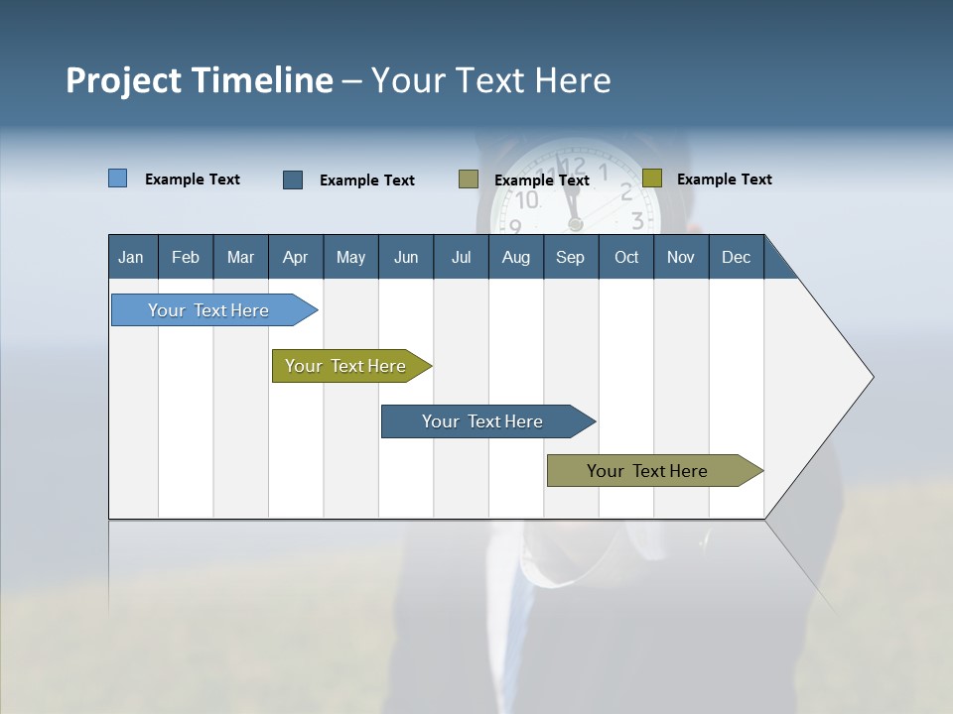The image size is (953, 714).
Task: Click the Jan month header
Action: click(131, 258)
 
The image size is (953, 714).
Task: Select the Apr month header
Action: click(295, 258)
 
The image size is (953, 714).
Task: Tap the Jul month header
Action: click(461, 258)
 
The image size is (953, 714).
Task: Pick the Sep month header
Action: click(570, 258)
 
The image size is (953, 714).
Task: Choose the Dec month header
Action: click(736, 258)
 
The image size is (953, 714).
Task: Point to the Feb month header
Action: click(186, 258)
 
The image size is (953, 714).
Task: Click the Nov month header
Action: click(680, 258)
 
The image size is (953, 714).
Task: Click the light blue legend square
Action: click(117, 178)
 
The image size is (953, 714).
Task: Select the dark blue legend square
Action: click(293, 179)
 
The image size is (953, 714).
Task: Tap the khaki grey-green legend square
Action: click(469, 179)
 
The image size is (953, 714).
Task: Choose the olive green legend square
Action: click(651, 178)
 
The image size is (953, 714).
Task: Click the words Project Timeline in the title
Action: click(199, 80)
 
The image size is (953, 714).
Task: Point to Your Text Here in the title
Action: click(490, 80)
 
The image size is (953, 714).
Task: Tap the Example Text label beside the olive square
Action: click(724, 179)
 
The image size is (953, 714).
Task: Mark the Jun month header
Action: click(406, 258)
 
